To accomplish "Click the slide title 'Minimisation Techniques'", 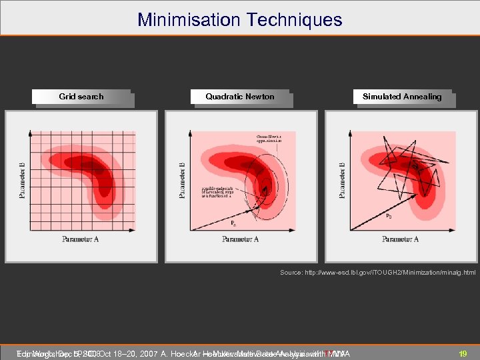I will [x=240, y=19].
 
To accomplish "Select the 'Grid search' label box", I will [x=81, y=97].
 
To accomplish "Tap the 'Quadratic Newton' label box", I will [x=240, y=97].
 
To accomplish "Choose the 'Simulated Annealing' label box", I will [x=402, y=97].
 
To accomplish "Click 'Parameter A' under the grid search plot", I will [x=81, y=239].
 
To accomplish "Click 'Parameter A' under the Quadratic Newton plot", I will [x=240, y=239].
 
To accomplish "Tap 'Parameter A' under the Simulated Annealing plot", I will [x=400, y=239].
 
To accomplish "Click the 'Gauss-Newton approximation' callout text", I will [x=269, y=139].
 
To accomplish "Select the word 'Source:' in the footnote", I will [x=292, y=273].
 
